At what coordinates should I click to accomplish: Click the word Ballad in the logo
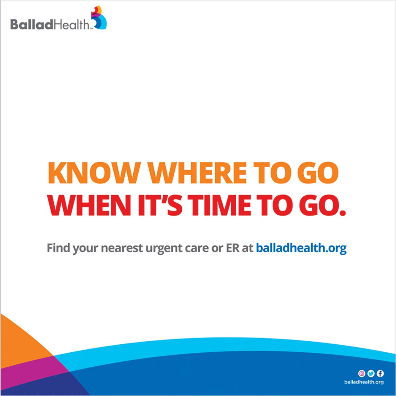pos(32,24)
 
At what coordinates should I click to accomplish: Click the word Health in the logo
pos(71,24)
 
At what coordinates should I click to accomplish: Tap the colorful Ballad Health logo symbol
pos(99,18)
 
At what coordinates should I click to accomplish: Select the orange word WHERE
pos(197,173)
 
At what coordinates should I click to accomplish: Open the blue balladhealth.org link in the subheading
pos(301,248)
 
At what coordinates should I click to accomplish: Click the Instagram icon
pos(362,373)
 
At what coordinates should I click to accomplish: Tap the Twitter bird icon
pos(371,373)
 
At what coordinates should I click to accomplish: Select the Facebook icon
pos(380,373)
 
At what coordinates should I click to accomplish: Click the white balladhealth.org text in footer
pos(364,382)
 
